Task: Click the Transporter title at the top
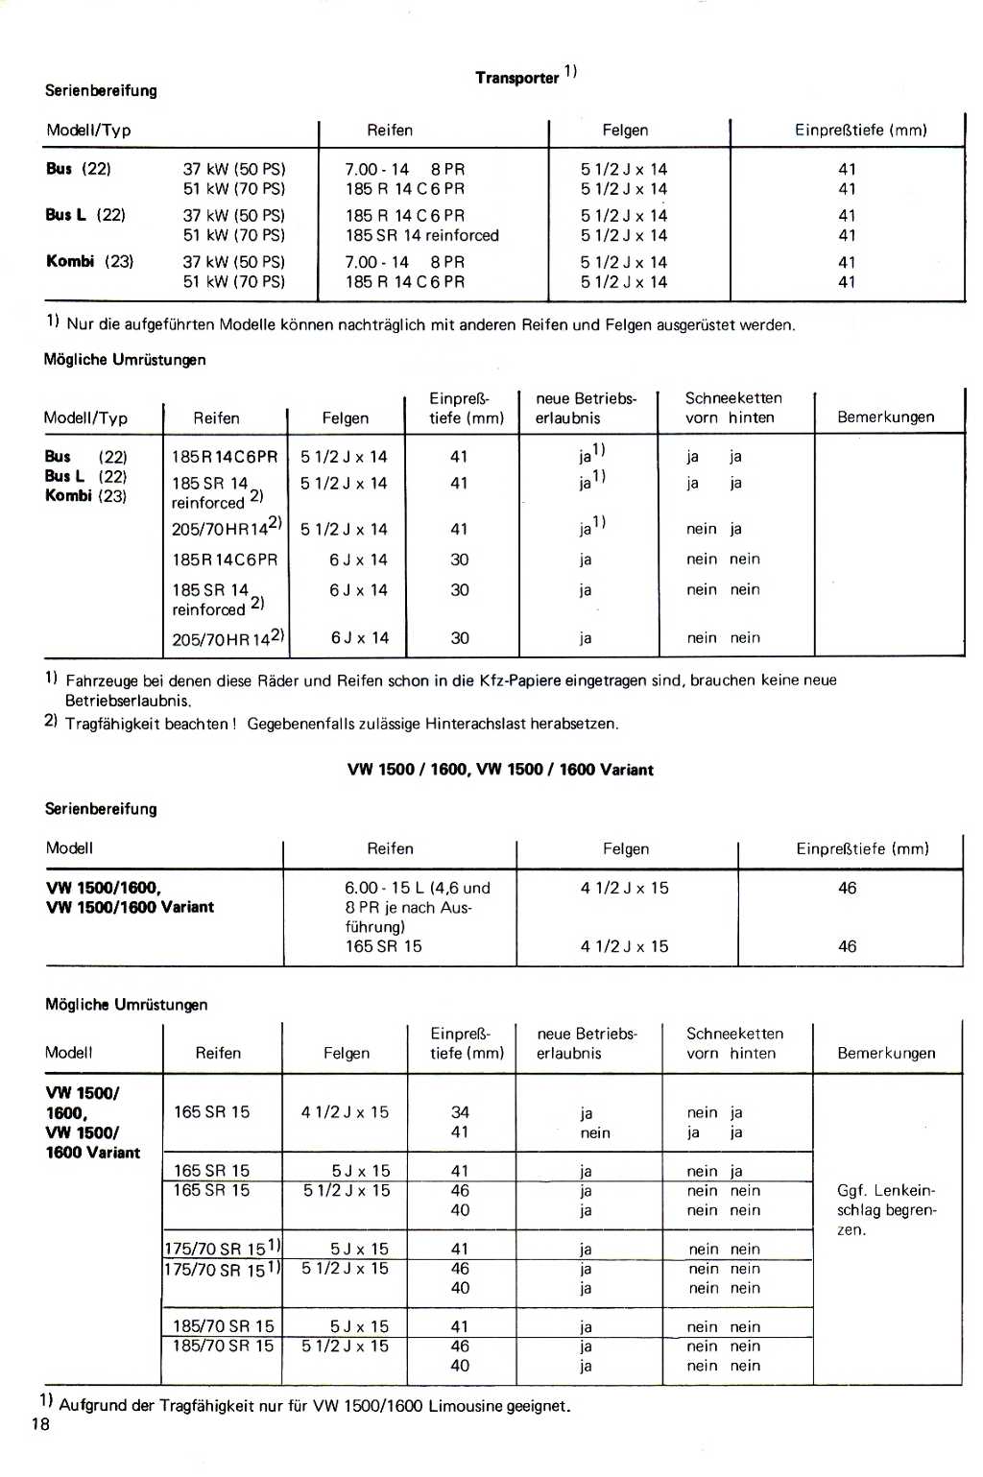pyautogui.click(x=517, y=78)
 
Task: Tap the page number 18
pyautogui.click(x=40, y=1424)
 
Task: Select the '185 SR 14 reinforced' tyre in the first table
pyautogui.click(x=422, y=235)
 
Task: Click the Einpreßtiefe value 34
pyautogui.click(x=460, y=1112)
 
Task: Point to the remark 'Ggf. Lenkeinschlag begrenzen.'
pyautogui.click(x=885, y=1209)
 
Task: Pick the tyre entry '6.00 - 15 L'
pyautogui.click(x=389, y=888)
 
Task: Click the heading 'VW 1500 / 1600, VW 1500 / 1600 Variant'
pyautogui.click(x=500, y=770)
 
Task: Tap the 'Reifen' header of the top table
pyautogui.click(x=390, y=131)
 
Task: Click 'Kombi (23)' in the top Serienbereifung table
pyautogui.click(x=90, y=261)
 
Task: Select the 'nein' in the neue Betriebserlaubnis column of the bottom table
pyautogui.click(x=595, y=1132)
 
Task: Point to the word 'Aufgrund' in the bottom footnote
pyautogui.click(x=93, y=1406)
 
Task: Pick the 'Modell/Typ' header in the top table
pyautogui.click(x=88, y=131)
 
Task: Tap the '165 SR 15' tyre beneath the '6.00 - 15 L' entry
pyautogui.click(x=384, y=946)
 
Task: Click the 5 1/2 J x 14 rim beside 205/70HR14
pyautogui.click(x=344, y=529)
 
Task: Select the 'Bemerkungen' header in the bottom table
pyautogui.click(x=886, y=1053)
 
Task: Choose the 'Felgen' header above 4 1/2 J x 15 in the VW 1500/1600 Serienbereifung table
pyautogui.click(x=626, y=849)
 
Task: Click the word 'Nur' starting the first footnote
pyautogui.click(x=81, y=324)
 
